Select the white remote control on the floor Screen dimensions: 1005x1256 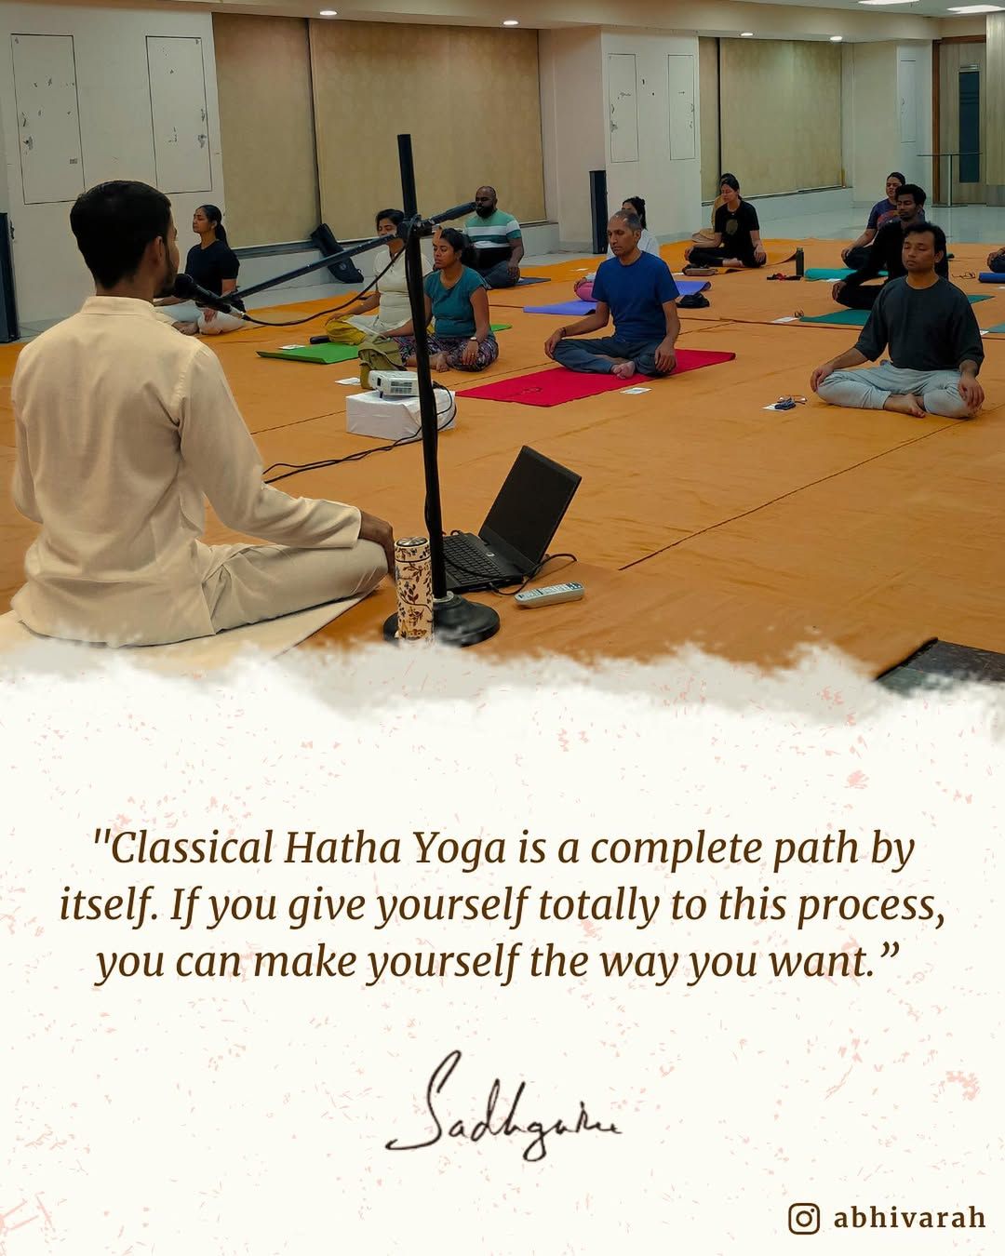tap(549, 594)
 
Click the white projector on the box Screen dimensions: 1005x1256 tap(394, 383)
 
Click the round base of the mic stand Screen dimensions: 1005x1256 tap(442, 621)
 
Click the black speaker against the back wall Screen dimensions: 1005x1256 tap(598, 210)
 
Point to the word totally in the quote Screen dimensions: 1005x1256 tap(598, 907)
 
